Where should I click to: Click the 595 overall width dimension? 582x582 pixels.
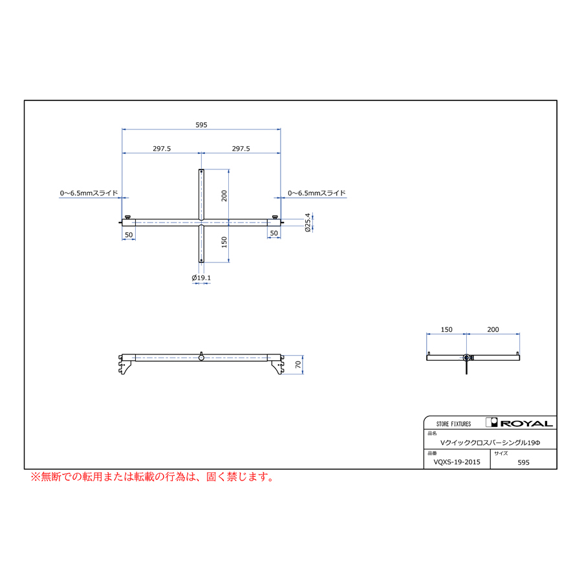click(201, 125)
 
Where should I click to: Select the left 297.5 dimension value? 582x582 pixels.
click(162, 149)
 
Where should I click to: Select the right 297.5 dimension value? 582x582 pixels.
click(241, 149)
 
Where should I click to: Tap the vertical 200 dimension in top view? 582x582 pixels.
click(224, 196)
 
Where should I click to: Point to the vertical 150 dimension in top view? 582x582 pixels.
click(224, 242)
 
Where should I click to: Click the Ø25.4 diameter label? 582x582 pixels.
click(308, 223)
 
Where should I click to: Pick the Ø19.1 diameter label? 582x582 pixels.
click(201, 278)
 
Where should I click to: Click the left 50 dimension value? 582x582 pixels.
click(129, 233)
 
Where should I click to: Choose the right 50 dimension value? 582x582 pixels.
click(274, 233)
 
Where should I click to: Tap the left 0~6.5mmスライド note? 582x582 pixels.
click(89, 193)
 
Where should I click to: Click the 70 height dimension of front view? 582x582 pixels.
click(297, 365)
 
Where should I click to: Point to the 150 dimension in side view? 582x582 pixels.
click(446, 330)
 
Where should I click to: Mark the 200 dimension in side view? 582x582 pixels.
click(493, 330)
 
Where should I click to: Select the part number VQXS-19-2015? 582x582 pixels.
click(457, 462)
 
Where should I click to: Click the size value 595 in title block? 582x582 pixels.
click(524, 463)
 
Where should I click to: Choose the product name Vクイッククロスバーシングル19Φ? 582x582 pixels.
click(490, 442)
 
